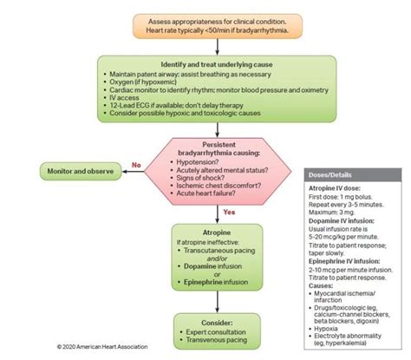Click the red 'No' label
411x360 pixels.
click(x=135, y=163)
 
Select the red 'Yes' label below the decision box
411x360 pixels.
click(x=229, y=212)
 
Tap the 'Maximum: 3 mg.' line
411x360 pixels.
click(x=322, y=213)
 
